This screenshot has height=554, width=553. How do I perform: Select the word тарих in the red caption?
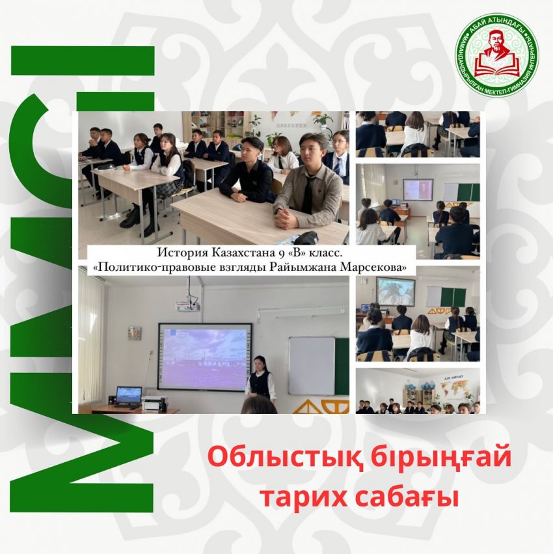(299, 497)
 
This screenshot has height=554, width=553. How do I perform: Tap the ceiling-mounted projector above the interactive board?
(188, 303)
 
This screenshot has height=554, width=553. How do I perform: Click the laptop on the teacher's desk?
(128, 395)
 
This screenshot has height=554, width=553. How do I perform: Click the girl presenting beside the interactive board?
(260, 379)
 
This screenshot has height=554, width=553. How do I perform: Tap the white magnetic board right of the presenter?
(311, 365)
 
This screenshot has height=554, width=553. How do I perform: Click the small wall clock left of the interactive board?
(135, 333)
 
